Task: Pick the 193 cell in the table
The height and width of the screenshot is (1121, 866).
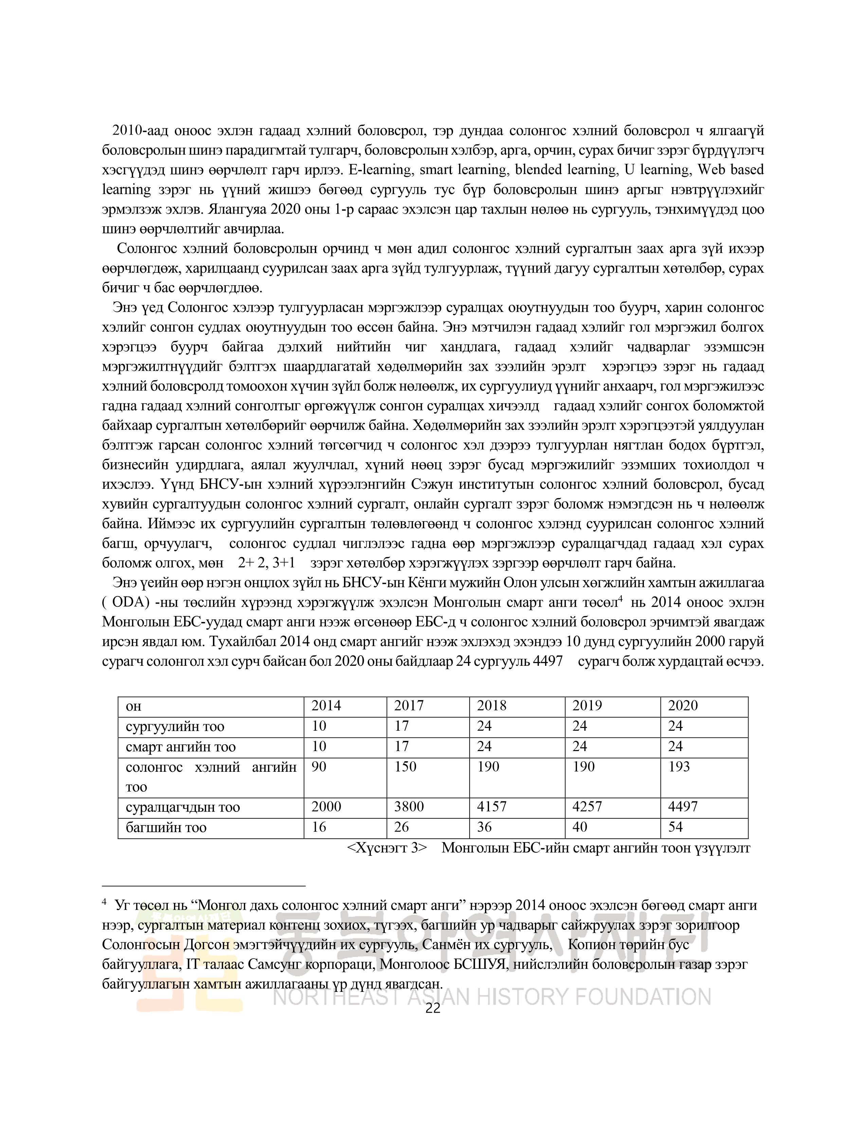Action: point(679,767)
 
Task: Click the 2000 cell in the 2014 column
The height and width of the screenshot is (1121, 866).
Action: point(326,807)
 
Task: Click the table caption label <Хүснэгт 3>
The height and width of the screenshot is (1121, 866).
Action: point(387,848)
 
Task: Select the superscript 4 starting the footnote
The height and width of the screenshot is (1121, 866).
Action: point(104,902)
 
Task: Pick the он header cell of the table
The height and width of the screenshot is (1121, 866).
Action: point(133,706)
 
